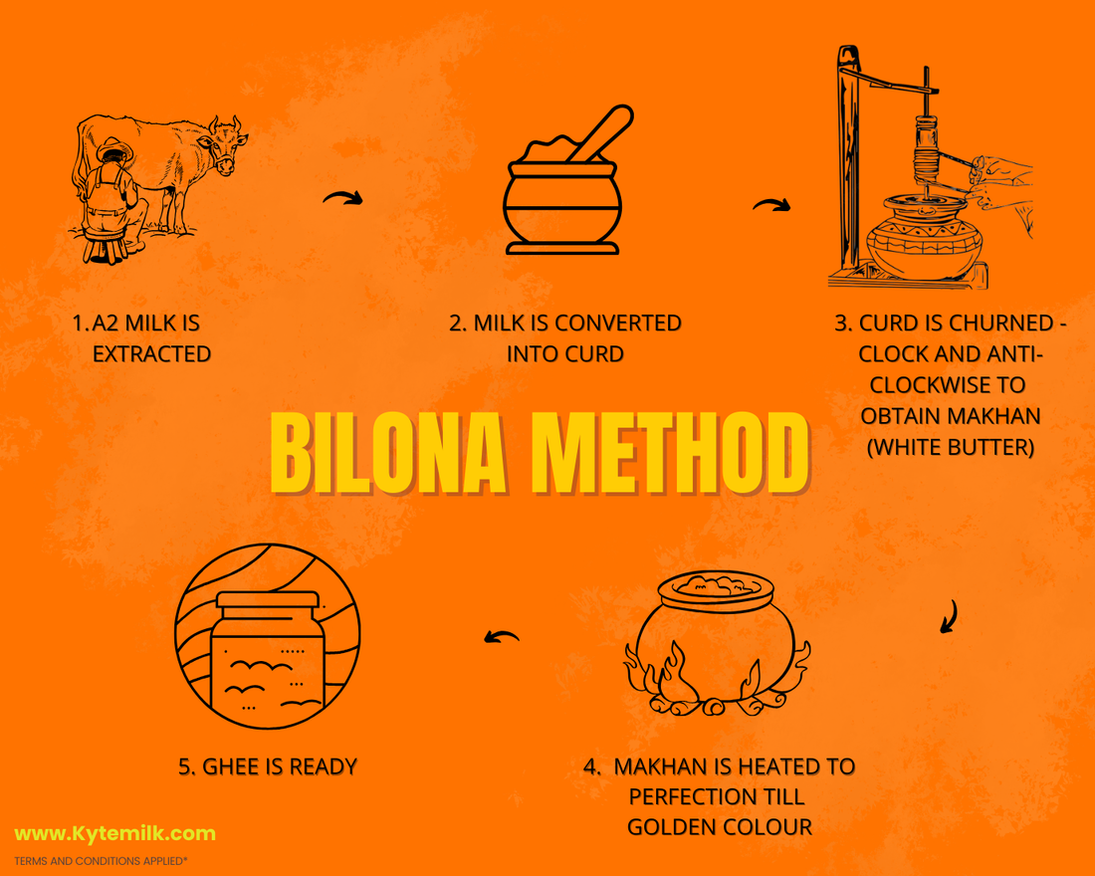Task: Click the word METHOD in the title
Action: [x=671, y=453]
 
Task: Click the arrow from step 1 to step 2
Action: [x=342, y=198]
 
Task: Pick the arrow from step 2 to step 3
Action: [x=771, y=204]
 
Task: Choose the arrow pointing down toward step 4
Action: [x=950, y=616]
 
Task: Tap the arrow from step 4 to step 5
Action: [x=502, y=636]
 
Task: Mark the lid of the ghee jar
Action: [x=268, y=600]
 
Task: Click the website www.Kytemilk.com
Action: [x=115, y=833]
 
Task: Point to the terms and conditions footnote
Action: [x=101, y=861]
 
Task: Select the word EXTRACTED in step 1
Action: [x=151, y=354]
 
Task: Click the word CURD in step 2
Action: [x=594, y=354]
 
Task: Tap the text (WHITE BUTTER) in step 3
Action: [x=951, y=447]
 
